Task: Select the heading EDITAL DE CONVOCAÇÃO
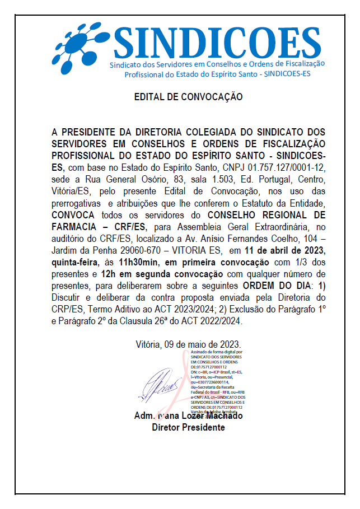tap(188, 97)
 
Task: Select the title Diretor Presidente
tap(188, 427)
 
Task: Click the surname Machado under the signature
tap(222, 416)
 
